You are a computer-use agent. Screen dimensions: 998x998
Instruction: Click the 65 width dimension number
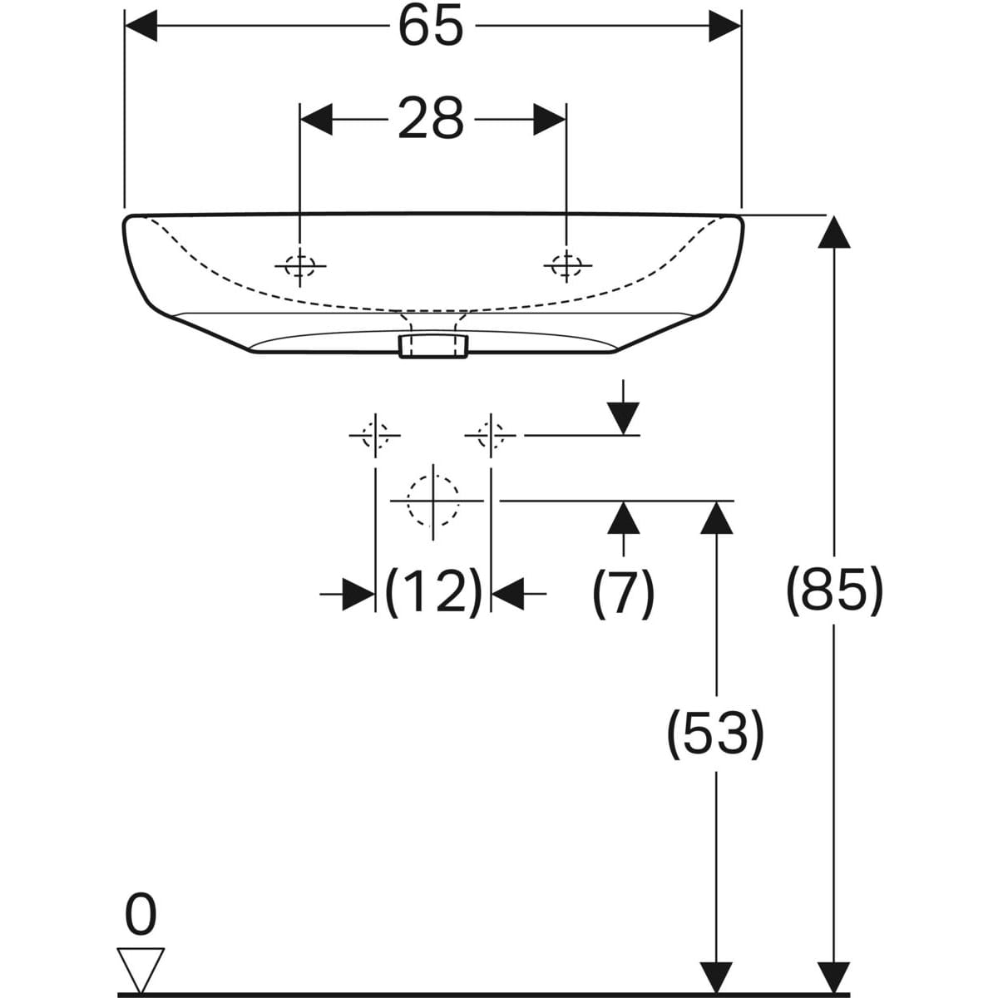[431, 26]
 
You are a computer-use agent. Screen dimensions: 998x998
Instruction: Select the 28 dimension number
[430, 119]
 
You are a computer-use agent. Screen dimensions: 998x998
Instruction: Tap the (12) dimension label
[433, 593]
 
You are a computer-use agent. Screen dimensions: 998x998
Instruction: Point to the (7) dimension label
[623, 594]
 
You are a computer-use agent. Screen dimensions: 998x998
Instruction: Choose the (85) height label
[834, 591]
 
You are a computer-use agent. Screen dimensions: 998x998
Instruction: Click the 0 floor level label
[141, 914]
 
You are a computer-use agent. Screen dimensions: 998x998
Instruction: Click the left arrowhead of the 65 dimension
[141, 25]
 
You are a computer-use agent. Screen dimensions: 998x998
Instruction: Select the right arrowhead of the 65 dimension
[725, 25]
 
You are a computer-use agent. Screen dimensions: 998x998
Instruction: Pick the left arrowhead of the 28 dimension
[316, 119]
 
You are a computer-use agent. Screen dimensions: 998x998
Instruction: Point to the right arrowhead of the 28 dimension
[550, 119]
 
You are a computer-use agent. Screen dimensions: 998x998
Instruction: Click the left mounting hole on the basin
[300, 266]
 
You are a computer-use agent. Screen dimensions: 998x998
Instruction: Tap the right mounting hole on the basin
[566, 265]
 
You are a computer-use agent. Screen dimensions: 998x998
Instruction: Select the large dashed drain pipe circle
[433, 501]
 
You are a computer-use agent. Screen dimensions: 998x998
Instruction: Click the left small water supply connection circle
[375, 435]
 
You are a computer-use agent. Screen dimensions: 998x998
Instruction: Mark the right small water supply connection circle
[491, 435]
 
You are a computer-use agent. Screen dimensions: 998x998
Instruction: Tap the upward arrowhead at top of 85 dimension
[834, 231]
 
